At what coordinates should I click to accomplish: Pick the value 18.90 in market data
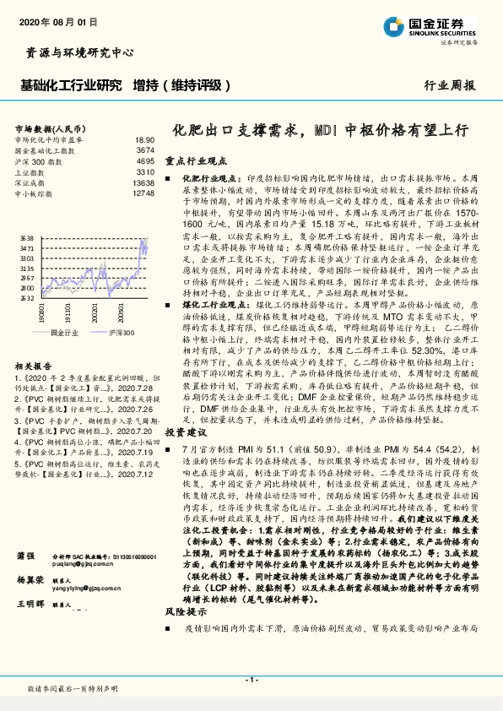pyautogui.click(x=144, y=139)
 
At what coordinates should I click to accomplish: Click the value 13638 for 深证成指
pyautogui.click(x=143, y=182)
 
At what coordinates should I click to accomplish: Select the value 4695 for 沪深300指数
pyautogui.click(x=144, y=160)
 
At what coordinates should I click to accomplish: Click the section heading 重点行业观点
pyautogui.click(x=196, y=160)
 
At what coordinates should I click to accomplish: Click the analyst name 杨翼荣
pyautogui.click(x=30, y=605)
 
